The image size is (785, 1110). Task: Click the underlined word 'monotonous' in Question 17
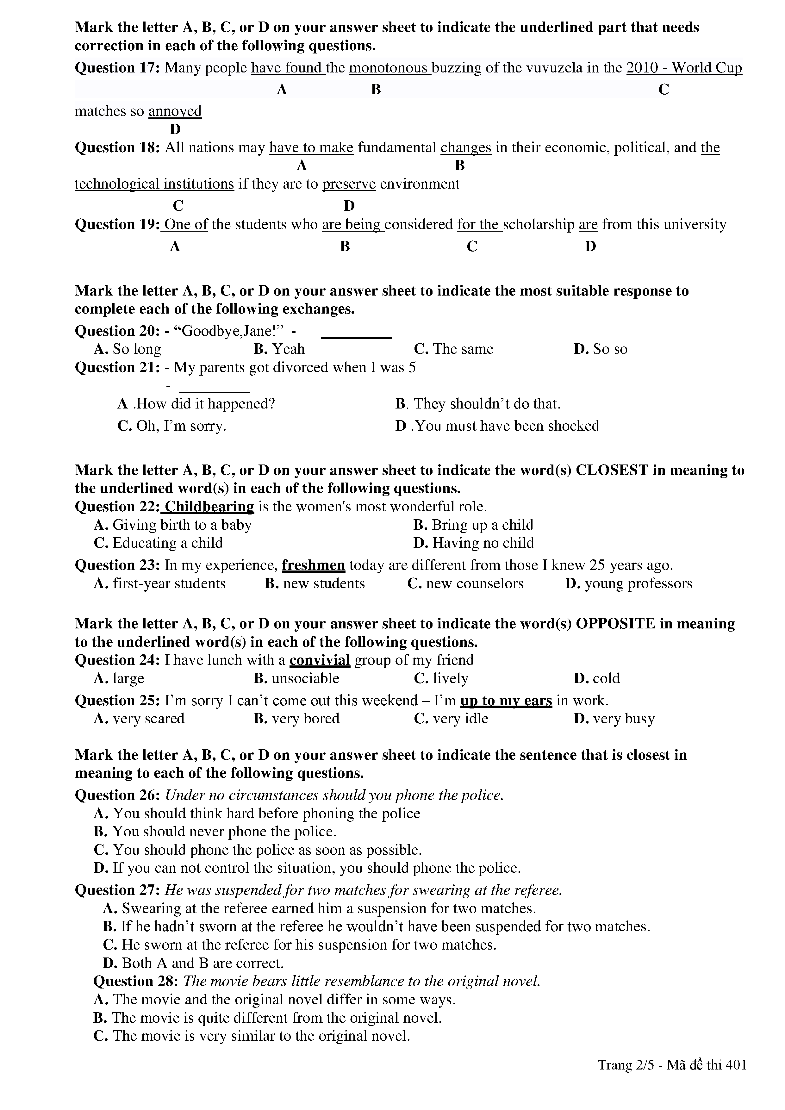389,68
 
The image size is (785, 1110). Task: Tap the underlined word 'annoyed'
175,111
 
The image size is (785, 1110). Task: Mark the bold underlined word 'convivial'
320,660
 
